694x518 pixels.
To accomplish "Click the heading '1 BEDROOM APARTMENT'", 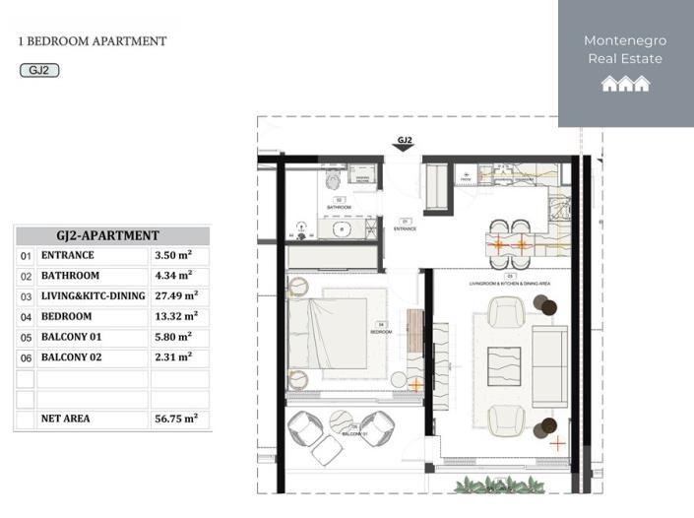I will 93,41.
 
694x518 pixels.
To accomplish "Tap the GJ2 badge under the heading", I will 39,70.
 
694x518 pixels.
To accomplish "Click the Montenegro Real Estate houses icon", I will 625,84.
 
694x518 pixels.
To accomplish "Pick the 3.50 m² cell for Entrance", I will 173,255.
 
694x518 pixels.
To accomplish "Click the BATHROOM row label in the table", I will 70,276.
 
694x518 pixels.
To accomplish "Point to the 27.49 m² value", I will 176,296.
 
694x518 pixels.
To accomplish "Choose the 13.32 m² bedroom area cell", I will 176,316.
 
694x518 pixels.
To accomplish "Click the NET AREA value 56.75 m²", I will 176,419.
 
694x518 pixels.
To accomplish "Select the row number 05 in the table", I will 26,338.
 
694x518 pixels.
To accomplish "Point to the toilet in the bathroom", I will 332,179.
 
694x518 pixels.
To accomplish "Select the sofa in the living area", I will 549,367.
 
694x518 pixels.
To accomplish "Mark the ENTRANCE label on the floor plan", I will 405,228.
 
